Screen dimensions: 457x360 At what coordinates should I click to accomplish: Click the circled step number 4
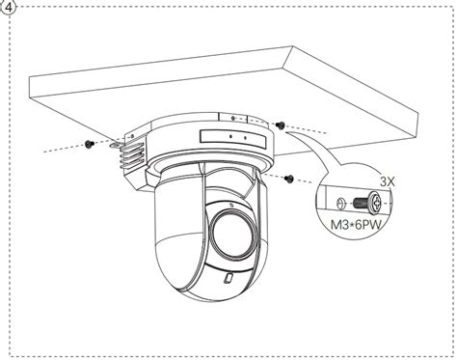[x=10, y=8]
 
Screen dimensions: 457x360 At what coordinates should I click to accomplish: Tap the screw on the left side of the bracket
[x=89, y=142]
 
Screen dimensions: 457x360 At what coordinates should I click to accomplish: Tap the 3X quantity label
[x=387, y=180]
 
